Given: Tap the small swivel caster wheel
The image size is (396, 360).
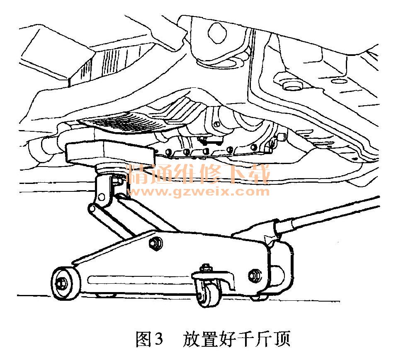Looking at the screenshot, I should click(207, 295).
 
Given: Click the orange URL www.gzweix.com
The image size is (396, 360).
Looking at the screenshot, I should click(199, 191).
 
